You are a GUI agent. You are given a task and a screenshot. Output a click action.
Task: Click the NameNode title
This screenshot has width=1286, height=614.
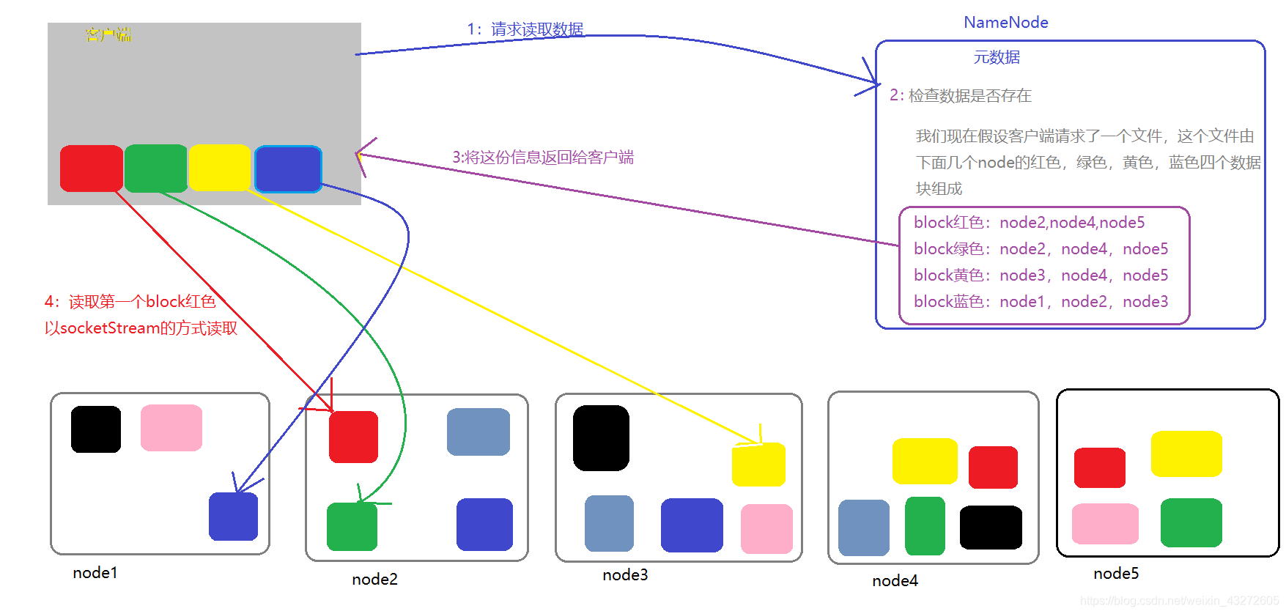(x=1005, y=23)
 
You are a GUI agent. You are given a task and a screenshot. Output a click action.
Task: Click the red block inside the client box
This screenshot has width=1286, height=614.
(x=92, y=169)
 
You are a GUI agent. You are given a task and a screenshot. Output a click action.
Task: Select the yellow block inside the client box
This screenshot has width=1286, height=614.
(x=219, y=168)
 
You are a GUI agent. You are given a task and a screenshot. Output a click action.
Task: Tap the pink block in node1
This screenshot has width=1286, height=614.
(x=171, y=428)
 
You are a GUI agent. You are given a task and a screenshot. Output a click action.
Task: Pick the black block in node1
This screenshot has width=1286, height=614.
(x=96, y=429)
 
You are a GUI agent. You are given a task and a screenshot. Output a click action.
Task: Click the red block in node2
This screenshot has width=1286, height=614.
(x=353, y=437)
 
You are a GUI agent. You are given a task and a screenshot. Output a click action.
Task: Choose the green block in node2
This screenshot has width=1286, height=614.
(x=352, y=526)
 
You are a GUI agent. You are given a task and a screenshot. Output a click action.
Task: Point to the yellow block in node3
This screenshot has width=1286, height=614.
(x=758, y=464)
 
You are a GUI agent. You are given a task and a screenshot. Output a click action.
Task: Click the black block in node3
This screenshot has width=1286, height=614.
(x=601, y=437)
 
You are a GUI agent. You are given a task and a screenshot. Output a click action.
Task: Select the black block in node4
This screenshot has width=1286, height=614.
(x=991, y=527)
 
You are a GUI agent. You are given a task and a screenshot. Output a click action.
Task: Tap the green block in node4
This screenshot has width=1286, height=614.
(x=925, y=525)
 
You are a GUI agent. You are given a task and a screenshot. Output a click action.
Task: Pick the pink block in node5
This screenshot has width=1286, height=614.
(x=1105, y=523)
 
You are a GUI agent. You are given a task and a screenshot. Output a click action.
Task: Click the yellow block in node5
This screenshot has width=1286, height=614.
(x=1186, y=454)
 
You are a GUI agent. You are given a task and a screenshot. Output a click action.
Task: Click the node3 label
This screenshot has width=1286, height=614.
(x=625, y=575)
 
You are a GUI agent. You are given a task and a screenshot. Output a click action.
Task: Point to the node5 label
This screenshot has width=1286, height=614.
(x=1116, y=574)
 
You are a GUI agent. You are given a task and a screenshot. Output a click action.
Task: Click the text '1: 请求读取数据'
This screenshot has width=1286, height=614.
(x=525, y=29)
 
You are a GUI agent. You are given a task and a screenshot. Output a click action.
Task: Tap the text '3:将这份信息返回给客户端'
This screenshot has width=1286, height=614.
(x=542, y=158)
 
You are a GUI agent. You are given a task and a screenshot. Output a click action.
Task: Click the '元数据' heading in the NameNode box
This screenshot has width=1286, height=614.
(x=997, y=57)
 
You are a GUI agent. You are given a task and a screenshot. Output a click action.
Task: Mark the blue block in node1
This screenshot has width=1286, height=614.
(x=233, y=517)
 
